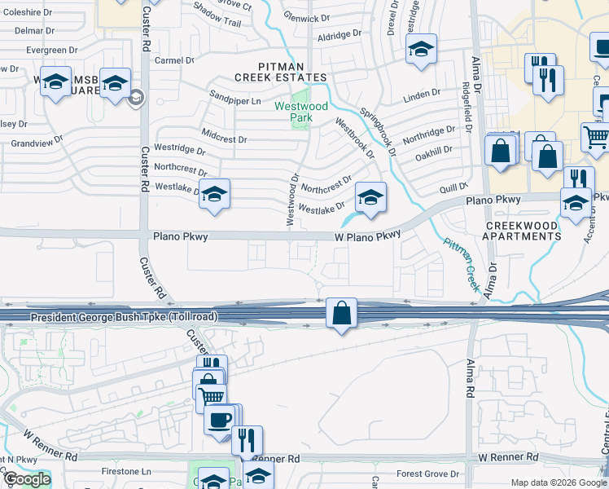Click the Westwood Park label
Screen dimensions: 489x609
pyautogui.click(x=301, y=112)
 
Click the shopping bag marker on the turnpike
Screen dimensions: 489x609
pyautogui.click(x=342, y=312)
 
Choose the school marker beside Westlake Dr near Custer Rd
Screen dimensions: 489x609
pyautogui.click(x=215, y=196)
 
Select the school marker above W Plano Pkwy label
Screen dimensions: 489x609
pyautogui.click(x=370, y=198)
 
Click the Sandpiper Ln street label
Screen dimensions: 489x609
pyautogui.click(x=235, y=101)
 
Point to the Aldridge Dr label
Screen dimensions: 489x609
pyautogui.click(x=339, y=36)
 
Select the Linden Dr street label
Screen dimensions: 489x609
pyautogui.click(x=422, y=95)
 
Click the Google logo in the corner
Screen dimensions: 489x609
pyautogui.click(x=27, y=479)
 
